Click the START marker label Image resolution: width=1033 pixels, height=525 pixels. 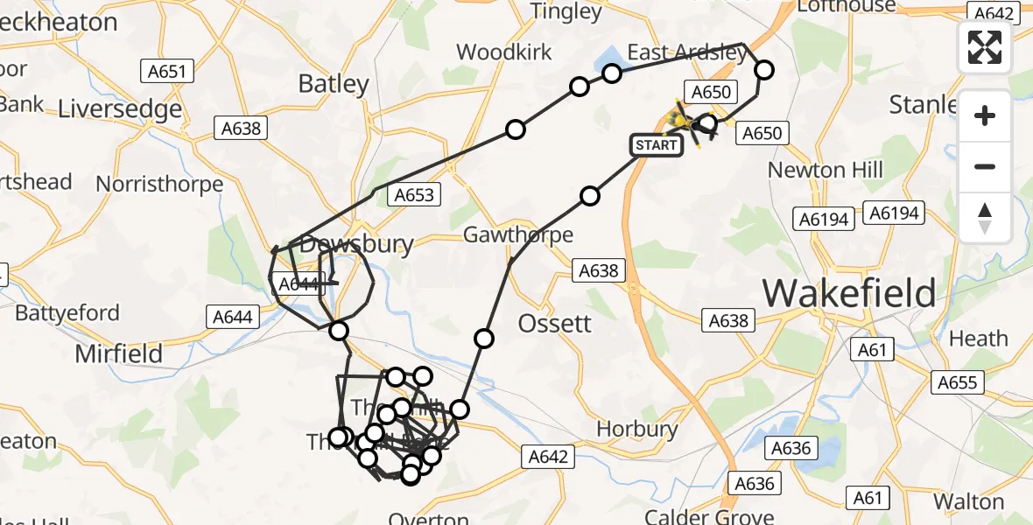657,144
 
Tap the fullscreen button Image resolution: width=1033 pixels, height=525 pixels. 985,47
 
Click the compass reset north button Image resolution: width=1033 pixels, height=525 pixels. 985,218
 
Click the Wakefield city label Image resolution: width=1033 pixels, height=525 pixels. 849,293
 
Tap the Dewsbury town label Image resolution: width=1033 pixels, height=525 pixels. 355,245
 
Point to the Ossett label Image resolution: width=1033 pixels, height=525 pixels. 555,323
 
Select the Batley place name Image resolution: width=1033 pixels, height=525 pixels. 334,84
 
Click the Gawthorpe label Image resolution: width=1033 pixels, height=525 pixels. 518,234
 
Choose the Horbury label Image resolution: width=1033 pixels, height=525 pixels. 637,430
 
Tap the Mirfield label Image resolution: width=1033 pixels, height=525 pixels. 119,353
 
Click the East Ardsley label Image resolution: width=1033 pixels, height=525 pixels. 687,52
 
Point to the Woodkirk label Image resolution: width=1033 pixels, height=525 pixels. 504,52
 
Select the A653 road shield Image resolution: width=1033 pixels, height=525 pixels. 414,194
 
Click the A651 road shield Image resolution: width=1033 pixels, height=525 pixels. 165,72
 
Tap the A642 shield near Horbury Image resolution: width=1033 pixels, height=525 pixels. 549,456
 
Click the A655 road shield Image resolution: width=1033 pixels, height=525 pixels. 960,382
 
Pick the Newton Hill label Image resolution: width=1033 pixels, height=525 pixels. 826,170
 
